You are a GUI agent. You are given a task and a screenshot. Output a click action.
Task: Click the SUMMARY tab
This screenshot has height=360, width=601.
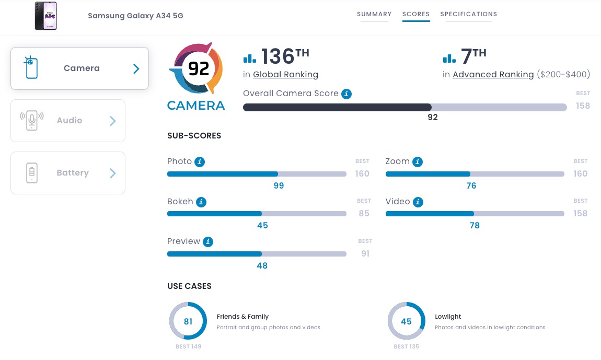point(374,14)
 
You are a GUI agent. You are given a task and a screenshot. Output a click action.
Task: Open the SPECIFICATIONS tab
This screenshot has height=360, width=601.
point(469,14)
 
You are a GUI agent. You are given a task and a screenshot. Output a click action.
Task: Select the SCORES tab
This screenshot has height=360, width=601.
point(416,14)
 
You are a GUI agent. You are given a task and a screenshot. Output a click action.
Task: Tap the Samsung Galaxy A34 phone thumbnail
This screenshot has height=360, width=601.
point(46,16)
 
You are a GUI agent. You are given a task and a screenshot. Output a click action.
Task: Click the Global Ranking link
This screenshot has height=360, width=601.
point(285,75)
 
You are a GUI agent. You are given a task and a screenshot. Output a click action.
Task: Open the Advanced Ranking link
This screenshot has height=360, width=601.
point(493,75)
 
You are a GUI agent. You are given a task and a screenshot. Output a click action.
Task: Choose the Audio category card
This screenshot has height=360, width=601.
point(68,121)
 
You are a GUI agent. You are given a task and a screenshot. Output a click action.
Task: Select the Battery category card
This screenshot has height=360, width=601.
point(68,173)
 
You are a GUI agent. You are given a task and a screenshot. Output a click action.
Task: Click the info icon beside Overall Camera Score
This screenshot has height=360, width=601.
point(346,94)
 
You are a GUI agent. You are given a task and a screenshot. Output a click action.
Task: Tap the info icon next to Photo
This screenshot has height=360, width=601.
point(200,162)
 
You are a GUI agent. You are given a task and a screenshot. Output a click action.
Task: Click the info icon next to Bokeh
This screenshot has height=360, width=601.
point(201,202)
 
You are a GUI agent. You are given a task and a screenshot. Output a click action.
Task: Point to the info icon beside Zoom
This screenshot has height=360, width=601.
point(418,162)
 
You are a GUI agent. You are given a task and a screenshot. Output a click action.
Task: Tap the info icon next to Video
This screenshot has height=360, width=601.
point(418,202)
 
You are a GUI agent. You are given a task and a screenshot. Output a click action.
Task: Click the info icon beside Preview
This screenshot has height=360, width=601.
point(208,242)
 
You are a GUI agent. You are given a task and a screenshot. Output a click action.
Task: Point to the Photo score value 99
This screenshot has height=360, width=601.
point(279,185)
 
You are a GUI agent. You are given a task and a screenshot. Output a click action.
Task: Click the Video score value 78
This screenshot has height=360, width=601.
point(475,225)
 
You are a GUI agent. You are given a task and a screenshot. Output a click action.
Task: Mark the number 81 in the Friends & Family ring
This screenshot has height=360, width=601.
point(188,321)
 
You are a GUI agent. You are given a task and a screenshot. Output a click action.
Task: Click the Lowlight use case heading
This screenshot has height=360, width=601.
point(448,317)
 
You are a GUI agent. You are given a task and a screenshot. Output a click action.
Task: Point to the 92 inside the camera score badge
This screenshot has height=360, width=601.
point(199,68)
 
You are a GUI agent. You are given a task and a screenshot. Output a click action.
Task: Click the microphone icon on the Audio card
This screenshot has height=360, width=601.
point(32,120)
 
